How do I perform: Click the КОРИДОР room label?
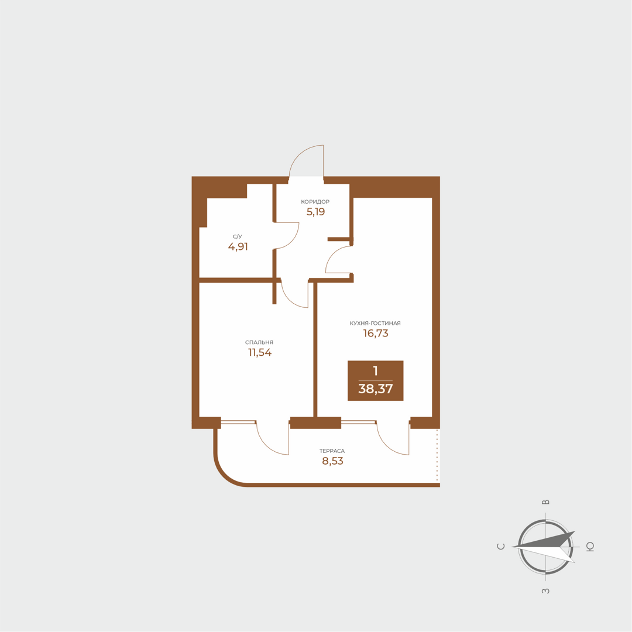(x=315, y=202)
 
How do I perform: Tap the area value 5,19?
(x=315, y=212)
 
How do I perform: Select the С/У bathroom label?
(x=237, y=236)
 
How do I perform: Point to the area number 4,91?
(x=238, y=247)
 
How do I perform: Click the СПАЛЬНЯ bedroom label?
(x=259, y=342)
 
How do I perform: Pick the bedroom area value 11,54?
(x=260, y=353)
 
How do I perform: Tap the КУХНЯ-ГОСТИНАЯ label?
(x=375, y=323)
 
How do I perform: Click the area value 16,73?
(x=376, y=334)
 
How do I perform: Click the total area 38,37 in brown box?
(x=375, y=389)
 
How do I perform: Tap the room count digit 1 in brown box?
(x=375, y=371)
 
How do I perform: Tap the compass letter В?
(x=545, y=502)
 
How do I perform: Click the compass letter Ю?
(x=590, y=547)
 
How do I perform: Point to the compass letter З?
(x=545, y=591)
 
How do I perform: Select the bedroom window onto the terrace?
(x=238, y=422)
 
